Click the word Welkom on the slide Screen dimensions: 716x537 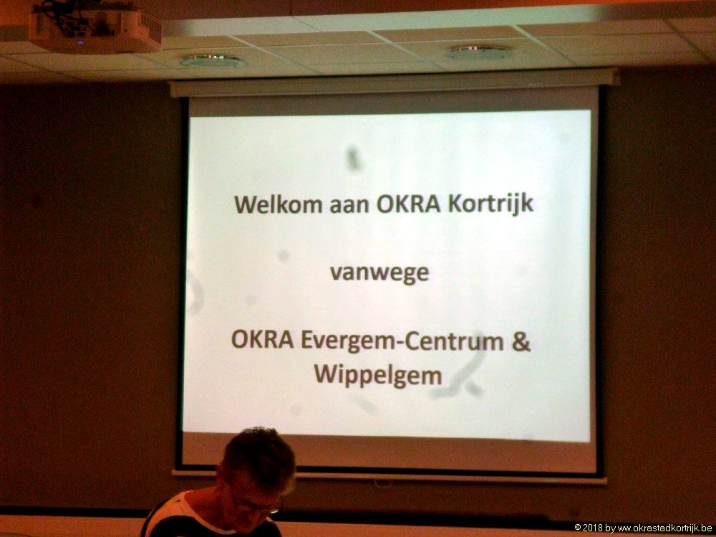pyautogui.click(x=279, y=204)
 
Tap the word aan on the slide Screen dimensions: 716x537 pyautogui.click(x=349, y=205)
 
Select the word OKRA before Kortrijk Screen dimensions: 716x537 pyautogui.click(x=409, y=204)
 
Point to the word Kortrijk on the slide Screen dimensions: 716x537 pyautogui.click(x=491, y=204)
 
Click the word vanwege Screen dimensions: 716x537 pyautogui.click(x=379, y=274)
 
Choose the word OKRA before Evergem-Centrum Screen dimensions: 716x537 pyautogui.click(x=263, y=339)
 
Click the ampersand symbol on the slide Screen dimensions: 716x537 pyautogui.click(x=521, y=342)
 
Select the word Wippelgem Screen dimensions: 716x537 pyautogui.click(x=378, y=376)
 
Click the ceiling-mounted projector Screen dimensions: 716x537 pyautogui.click(x=95, y=27)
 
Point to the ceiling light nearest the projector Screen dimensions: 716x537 pyautogui.click(x=213, y=60)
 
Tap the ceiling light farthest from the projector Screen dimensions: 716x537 pyautogui.click(x=478, y=51)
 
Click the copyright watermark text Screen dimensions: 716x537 pyautogui.click(x=643, y=528)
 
